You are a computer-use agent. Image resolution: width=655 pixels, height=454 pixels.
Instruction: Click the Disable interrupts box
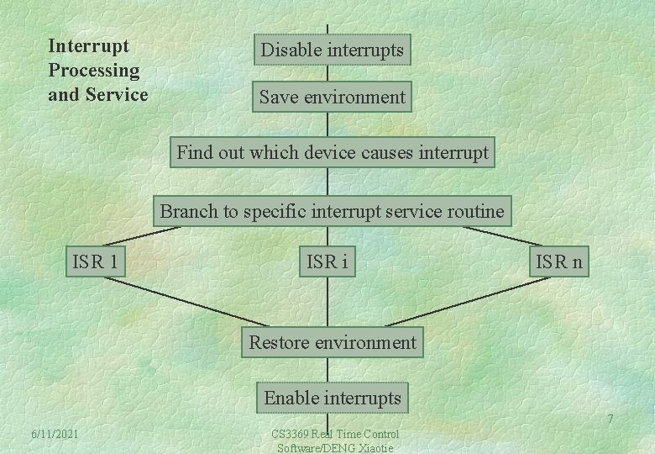click(x=332, y=50)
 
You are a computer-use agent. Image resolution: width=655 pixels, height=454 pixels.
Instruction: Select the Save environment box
click(x=332, y=98)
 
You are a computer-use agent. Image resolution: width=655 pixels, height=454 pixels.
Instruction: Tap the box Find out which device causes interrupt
click(x=332, y=153)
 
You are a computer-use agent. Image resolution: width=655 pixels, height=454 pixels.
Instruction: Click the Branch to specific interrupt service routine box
click(x=332, y=211)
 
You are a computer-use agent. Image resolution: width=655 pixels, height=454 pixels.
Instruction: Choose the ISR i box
click(x=327, y=262)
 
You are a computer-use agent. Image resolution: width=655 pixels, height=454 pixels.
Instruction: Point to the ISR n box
click(x=558, y=262)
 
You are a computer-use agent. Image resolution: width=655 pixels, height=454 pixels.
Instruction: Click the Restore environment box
click(x=332, y=342)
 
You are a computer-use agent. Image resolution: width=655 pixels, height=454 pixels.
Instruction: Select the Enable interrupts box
click(x=333, y=398)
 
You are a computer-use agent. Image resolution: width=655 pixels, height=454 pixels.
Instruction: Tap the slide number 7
click(x=610, y=420)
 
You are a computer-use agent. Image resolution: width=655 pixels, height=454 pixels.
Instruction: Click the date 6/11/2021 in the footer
click(x=55, y=433)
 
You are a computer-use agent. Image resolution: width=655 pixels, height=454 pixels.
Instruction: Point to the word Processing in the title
click(x=93, y=70)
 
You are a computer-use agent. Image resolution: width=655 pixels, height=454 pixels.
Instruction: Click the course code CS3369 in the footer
click(x=290, y=434)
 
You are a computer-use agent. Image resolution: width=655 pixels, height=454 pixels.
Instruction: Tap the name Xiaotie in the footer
click(x=373, y=447)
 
